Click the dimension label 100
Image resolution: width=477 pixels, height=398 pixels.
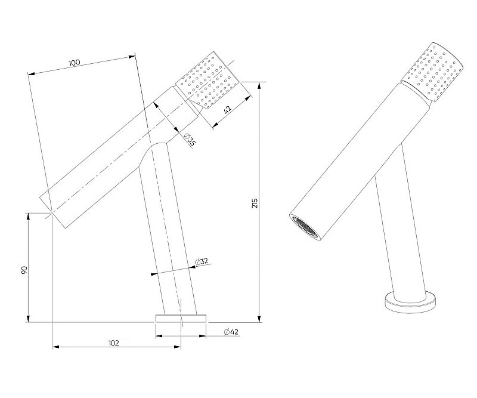pyautogui.click(x=74, y=63)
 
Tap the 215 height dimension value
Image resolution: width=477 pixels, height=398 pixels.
pyautogui.click(x=255, y=203)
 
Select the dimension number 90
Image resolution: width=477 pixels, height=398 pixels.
pyautogui.click(x=24, y=270)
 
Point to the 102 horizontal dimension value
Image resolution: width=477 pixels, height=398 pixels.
pyautogui.click(x=113, y=343)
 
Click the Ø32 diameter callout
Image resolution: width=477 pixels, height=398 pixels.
pyautogui.click(x=202, y=261)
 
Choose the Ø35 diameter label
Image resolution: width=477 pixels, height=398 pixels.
pyautogui.click(x=190, y=140)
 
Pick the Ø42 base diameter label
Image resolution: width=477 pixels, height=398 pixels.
pyautogui.click(x=231, y=332)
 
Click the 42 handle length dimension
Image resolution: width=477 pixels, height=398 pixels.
pyautogui.click(x=228, y=109)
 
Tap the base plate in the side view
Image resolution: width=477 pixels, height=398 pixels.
pyautogui.click(x=181, y=319)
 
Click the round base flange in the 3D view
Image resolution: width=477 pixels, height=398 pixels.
pyautogui.click(x=410, y=304)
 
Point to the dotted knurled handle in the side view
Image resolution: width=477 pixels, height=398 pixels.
pyautogui.click(x=207, y=81)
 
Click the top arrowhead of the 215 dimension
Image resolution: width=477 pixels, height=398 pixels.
pyautogui.click(x=259, y=86)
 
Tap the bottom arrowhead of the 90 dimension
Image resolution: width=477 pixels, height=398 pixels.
pyautogui.click(x=28, y=318)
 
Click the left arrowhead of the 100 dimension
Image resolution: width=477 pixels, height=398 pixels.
pyautogui.click(x=32, y=73)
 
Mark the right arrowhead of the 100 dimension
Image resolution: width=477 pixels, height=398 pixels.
pyautogui.click(x=131, y=56)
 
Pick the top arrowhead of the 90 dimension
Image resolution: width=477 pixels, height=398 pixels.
pyautogui.click(x=28, y=217)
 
